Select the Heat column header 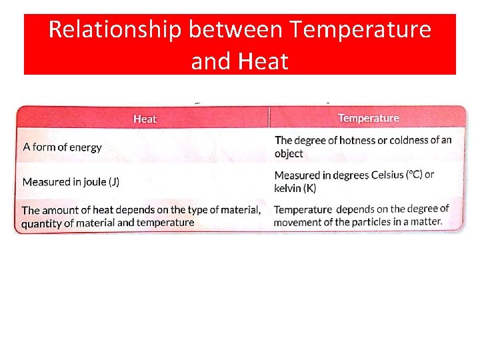pyautogui.click(x=145, y=119)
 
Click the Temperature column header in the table pyautogui.click(x=369, y=118)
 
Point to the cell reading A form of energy pyautogui.click(x=62, y=147)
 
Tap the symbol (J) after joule pyautogui.click(x=114, y=181)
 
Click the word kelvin pyautogui.click(x=288, y=189)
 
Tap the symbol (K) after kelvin pyautogui.click(x=310, y=189)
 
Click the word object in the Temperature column pyautogui.click(x=289, y=153)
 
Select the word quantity pyautogui.click(x=41, y=223)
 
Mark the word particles pyautogui.click(x=373, y=221)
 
